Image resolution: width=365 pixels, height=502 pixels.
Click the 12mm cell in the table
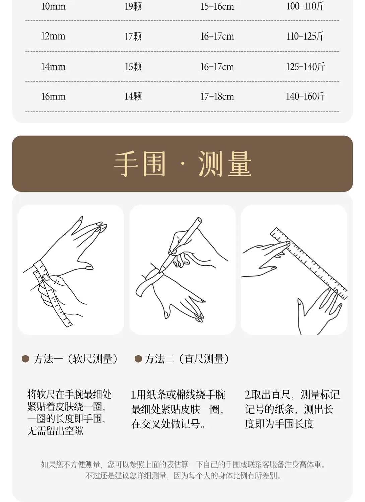click(x=53, y=36)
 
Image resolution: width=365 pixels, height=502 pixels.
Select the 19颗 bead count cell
click(x=133, y=6)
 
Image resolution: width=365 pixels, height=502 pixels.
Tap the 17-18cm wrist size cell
click(x=217, y=97)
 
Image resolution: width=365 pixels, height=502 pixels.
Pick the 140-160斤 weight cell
click(x=305, y=97)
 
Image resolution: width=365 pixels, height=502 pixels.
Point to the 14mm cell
click(x=53, y=67)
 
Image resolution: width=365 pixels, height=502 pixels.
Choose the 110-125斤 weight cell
click(x=305, y=36)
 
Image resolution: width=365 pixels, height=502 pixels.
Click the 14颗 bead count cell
click(x=133, y=97)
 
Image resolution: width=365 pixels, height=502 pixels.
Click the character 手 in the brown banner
click(x=126, y=164)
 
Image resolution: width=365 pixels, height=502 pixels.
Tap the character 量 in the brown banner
click(x=239, y=164)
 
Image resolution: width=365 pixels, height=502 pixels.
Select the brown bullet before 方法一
click(x=25, y=359)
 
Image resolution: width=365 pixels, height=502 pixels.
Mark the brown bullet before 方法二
click(x=138, y=359)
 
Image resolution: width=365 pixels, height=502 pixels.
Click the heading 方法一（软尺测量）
click(x=75, y=359)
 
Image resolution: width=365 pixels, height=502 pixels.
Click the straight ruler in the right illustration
click(x=308, y=263)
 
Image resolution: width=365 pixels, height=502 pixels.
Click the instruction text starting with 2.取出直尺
click(x=292, y=409)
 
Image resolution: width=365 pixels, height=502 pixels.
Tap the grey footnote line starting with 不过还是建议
click(x=183, y=476)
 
